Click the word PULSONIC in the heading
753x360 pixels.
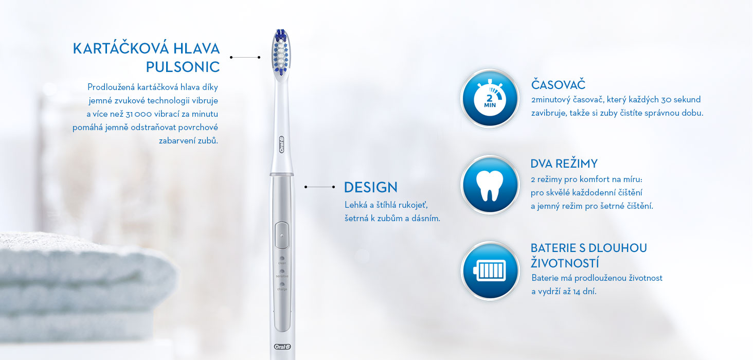tap(183, 67)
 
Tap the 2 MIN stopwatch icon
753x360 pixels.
tap(490, 98)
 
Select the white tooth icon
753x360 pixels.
tap(490, 185)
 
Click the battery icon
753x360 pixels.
tap(490, 271)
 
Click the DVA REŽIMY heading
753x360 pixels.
tap(564, 164)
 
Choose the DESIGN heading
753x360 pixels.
tap(370, 187)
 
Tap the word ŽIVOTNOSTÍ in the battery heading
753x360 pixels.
tap(565, 263)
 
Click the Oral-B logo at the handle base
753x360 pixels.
tap(282, 347)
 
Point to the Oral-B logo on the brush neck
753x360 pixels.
tap(282, 145)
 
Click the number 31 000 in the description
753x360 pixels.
tap(138, 114)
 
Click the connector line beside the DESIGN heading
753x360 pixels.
tap(320, 187)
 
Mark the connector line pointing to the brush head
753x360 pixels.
tap(245, 58)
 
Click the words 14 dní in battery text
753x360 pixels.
tap(585, 292)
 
